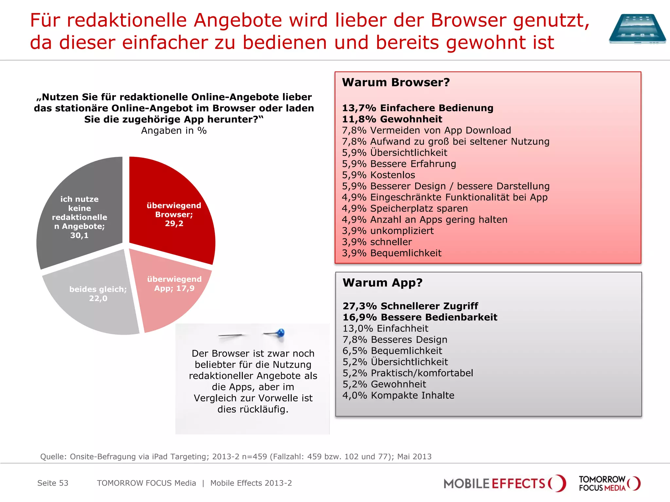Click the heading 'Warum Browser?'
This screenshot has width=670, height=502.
396,82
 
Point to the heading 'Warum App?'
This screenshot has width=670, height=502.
382,283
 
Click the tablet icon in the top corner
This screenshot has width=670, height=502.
637,28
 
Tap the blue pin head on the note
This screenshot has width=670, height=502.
281,333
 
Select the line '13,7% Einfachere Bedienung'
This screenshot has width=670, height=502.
417,108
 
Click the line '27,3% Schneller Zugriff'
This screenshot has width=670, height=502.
410,306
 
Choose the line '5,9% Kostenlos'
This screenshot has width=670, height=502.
378,175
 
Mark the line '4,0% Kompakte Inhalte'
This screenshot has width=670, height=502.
398,395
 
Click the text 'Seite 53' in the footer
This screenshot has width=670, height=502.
53,483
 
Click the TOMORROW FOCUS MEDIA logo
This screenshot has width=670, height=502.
609,483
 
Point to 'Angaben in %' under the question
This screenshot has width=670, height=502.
174,131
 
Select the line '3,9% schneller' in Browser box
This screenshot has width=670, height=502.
377,242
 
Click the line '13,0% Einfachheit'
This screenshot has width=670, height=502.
385,328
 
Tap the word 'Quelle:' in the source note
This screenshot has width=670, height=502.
53,457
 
